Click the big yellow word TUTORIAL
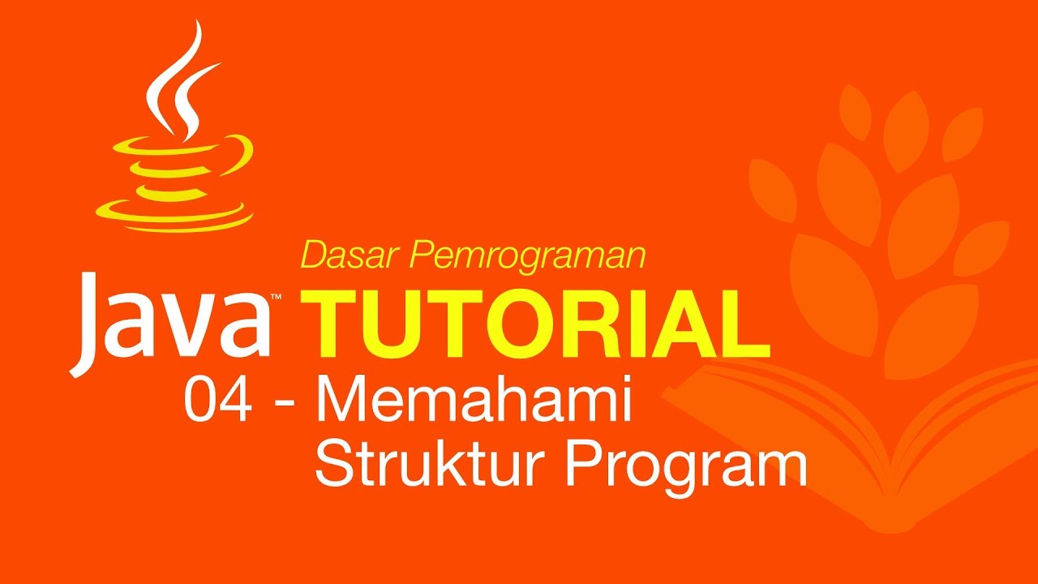(x=535, y=324)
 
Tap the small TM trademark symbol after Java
(x=277, y=298)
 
